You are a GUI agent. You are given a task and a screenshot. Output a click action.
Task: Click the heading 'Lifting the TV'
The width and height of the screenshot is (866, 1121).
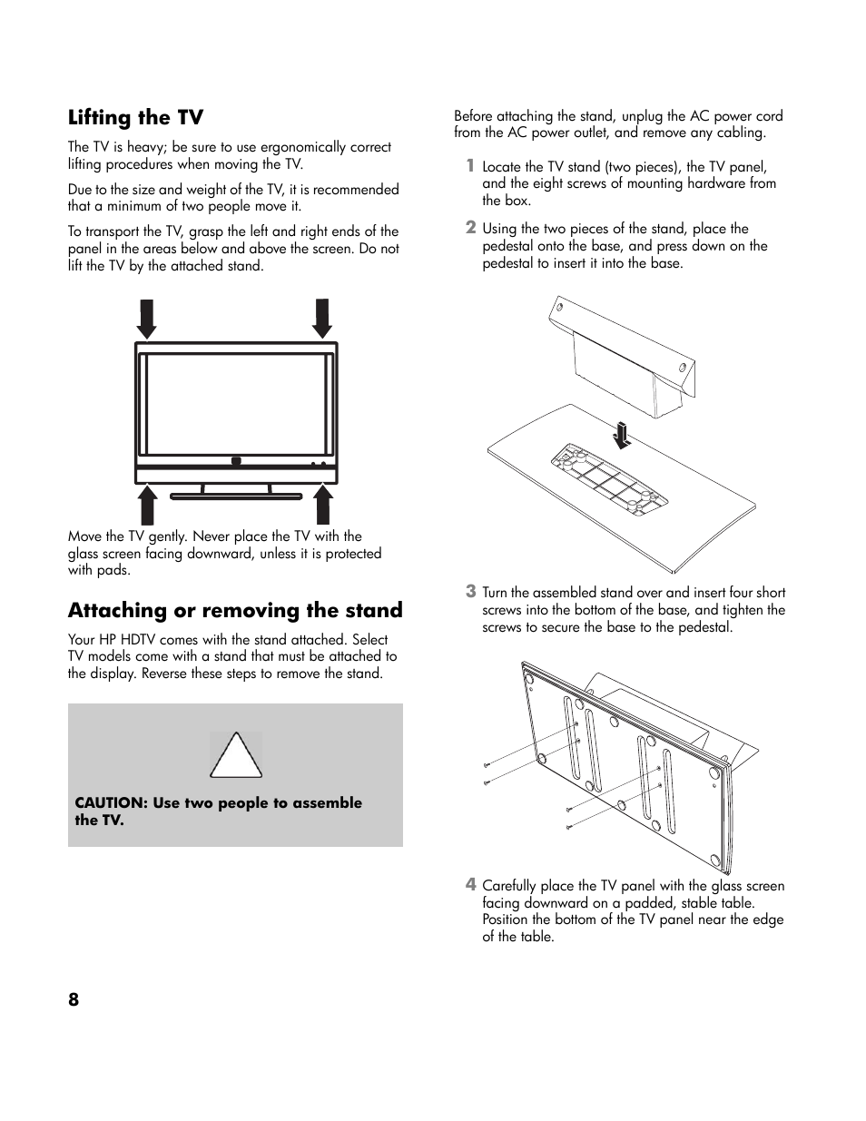click(x=135, y=118)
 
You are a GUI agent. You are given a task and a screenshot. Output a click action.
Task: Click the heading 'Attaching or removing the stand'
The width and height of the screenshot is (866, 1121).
click(x=235, y=611)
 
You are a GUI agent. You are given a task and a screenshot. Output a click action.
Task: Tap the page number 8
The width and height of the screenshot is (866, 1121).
click(x=74, y=999)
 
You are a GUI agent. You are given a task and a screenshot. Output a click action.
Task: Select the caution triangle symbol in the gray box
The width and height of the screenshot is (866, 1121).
click(x=236, y=756)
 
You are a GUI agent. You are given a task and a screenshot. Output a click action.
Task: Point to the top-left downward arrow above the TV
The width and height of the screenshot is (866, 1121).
click(x=145, y=318)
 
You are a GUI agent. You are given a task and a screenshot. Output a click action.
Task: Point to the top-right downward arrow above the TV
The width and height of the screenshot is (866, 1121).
click(x=321, y=318)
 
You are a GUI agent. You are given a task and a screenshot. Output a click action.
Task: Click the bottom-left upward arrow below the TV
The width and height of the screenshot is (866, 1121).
click(x=145, y=506)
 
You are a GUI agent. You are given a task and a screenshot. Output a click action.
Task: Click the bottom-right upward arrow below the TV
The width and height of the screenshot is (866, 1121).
click(x=321, y=506)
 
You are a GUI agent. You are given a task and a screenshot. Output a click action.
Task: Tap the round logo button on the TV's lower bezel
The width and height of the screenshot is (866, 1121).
click(x=236, y=461)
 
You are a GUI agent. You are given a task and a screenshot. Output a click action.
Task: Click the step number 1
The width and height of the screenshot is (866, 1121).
click(x=470, y=165)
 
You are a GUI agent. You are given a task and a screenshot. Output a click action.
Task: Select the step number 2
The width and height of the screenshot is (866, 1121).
click(x=470, y=227)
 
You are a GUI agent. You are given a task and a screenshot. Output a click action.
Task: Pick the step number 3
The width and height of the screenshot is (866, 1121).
click(x=470, y=591)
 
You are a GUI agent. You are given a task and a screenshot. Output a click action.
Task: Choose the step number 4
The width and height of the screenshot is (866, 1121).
click(x=470, y=884)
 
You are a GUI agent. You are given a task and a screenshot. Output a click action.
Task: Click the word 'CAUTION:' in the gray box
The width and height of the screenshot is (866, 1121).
click(x=111, y=803)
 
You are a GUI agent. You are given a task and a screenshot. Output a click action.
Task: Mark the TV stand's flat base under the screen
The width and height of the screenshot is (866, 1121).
click(x=236, y=497)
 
